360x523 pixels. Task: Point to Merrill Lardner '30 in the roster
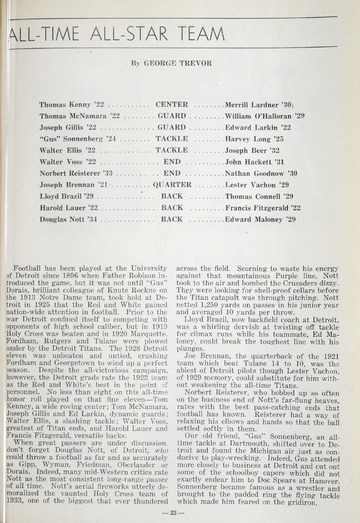coord(257,103)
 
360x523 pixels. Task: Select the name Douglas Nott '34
coord(70,218)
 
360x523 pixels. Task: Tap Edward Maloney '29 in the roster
coord(259,218)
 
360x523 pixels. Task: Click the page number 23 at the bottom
coord(179,510)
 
